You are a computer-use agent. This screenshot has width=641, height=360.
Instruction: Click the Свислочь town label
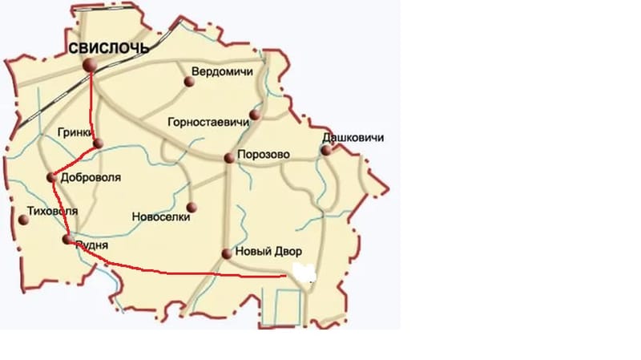109,48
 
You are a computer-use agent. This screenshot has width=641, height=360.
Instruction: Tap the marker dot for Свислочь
91,65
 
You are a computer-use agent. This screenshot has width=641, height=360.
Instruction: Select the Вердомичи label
223,72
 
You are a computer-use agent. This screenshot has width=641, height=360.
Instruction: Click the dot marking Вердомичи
189,81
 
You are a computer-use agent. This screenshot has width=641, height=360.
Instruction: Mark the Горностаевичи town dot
255,115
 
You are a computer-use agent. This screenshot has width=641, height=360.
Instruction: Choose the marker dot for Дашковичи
327,149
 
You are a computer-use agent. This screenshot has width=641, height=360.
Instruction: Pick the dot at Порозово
229,159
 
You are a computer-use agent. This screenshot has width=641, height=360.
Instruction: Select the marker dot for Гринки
98,144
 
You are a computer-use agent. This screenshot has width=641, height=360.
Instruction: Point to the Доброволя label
91,177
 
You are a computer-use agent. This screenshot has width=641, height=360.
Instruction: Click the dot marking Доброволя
52,177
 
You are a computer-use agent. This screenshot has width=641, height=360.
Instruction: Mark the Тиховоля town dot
23,220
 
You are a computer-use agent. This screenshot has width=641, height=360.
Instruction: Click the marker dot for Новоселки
191,207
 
